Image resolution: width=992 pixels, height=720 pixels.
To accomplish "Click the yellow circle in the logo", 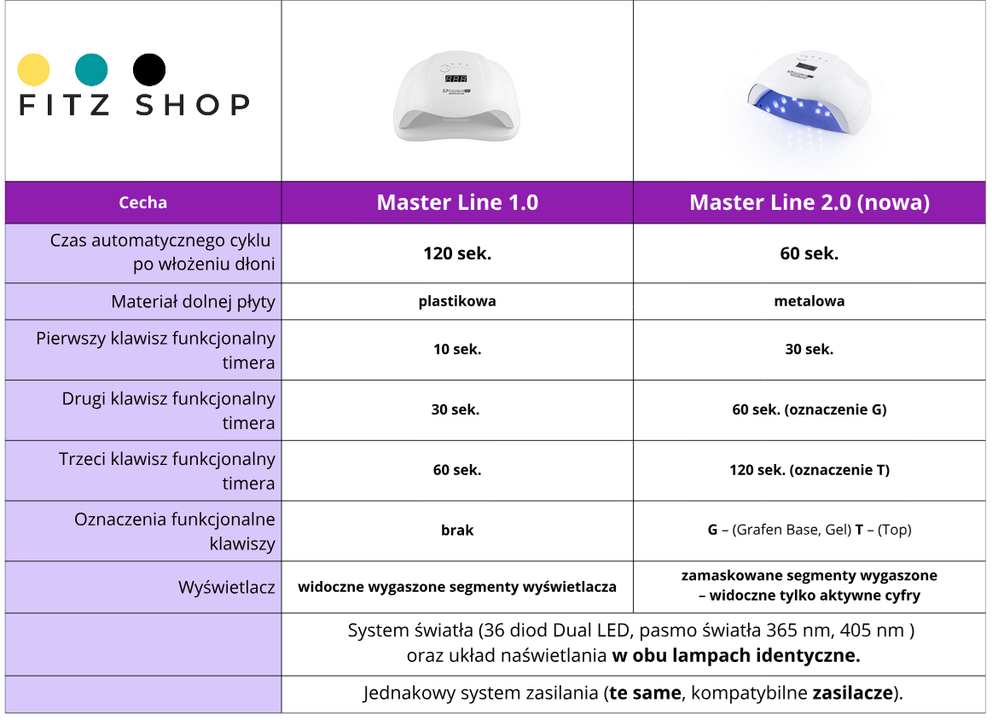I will pos(34,70).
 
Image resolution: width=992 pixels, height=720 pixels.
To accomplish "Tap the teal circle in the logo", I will pos(91,70).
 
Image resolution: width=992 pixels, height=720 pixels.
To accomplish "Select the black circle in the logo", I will pos(149,70).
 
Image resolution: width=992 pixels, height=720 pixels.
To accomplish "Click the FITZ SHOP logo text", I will pos(134,105).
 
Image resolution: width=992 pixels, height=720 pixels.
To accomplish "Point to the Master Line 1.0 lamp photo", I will pos(457,99).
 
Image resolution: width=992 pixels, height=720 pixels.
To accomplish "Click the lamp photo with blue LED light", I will pos(809,99).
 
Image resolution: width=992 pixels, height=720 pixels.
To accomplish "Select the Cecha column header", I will pos(142,203).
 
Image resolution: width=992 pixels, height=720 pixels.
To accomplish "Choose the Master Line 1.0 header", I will pos(457,203).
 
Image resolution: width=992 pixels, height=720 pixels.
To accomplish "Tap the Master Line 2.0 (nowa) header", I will pos(809,203).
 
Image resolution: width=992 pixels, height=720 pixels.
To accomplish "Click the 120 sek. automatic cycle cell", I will pos(457,253).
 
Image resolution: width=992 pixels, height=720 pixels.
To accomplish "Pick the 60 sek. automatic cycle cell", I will pos(809,253).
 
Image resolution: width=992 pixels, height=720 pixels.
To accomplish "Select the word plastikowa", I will pos(457,301).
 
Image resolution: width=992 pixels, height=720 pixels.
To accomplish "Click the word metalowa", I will pos(809,301).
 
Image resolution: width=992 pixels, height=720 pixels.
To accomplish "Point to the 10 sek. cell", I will pos(456,350).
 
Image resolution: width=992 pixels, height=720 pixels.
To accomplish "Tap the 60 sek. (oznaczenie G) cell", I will pos(809,409).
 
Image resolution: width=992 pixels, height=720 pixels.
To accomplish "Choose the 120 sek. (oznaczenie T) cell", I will pos(809,470).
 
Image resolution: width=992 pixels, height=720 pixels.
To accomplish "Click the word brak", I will pos(457,530).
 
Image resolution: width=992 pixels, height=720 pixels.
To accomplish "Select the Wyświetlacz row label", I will pos(226,587).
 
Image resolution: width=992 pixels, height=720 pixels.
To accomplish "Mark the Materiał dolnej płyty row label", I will pos(193,302).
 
